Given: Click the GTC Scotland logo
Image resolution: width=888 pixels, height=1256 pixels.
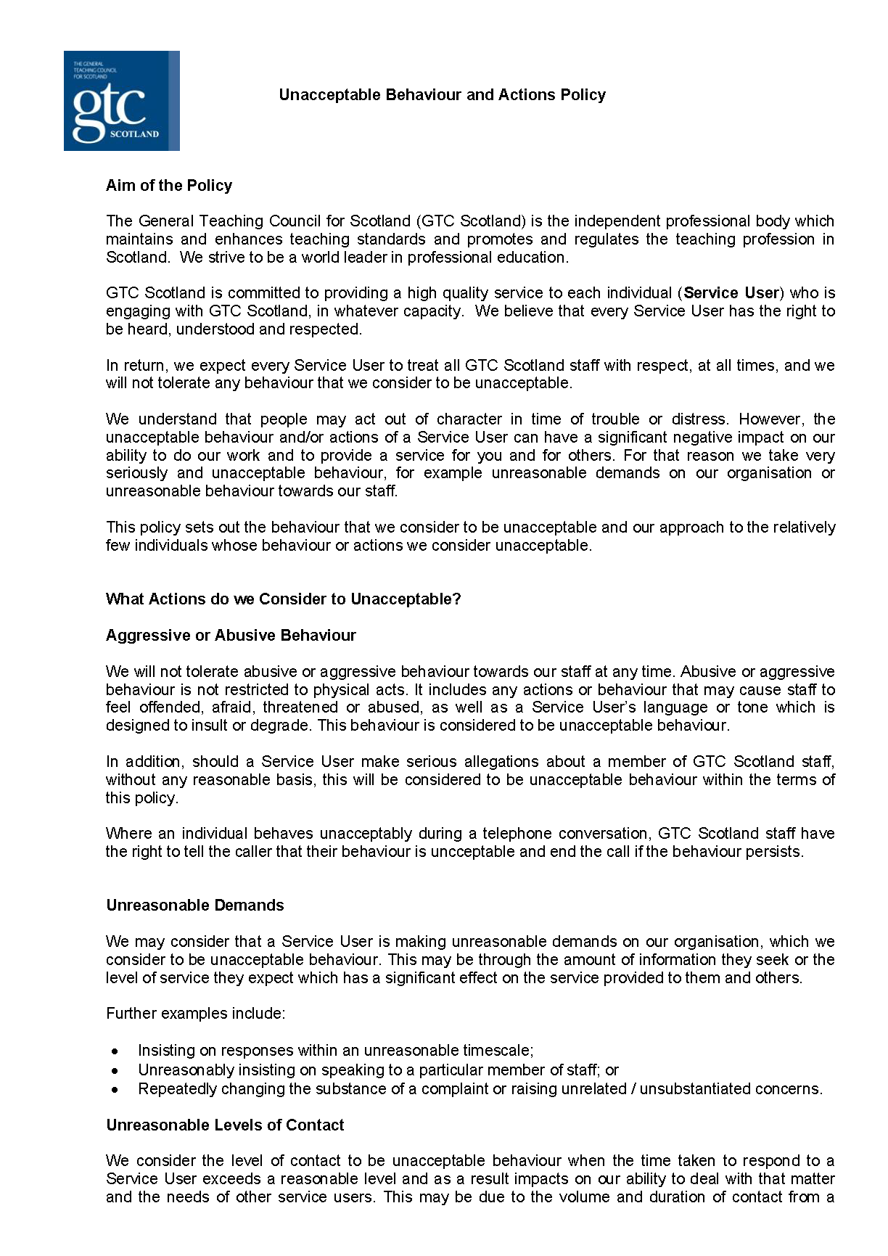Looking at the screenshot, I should click(121, 101).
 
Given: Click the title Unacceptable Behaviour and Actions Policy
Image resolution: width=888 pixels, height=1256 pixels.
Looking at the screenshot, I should click(442, 95).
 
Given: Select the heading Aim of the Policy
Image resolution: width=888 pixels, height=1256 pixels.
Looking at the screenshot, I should click(169, 186).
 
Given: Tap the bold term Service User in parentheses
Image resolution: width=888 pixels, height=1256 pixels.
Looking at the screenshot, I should click(731, 293).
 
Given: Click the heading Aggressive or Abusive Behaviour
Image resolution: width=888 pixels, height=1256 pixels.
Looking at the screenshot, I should click(231, 636).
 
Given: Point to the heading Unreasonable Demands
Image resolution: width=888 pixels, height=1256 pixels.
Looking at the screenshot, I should click(194, 906).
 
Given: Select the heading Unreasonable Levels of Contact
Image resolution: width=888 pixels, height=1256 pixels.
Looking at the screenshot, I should click(225, 1125).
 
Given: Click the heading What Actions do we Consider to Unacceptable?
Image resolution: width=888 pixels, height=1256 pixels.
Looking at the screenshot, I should click(283, 599).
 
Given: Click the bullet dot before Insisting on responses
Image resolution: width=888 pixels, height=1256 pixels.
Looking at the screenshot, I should click(115, 1051).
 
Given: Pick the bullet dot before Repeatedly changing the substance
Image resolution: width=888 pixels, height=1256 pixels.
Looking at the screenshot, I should click(115, 1090).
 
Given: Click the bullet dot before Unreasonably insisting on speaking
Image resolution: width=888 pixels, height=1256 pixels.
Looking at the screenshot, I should click(115, 1070).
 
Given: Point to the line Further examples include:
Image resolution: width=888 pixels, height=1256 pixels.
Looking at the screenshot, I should click(195, 1014).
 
